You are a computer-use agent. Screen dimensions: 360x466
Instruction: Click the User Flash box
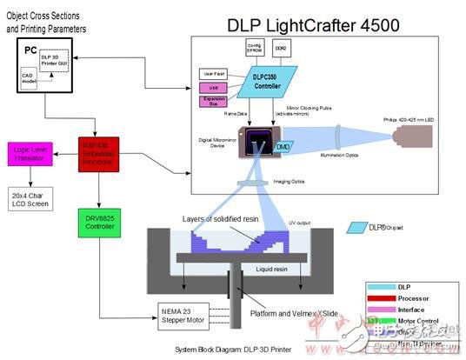[212, 73]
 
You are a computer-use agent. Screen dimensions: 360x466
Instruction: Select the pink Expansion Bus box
[212, 102]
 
